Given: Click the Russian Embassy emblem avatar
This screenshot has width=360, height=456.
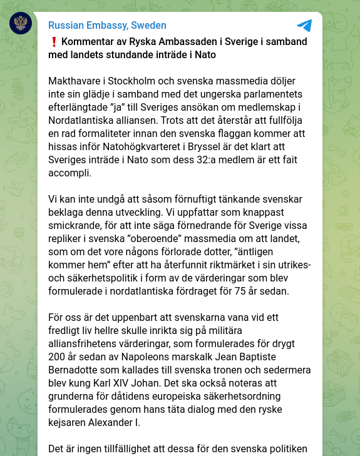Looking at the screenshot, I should [x=21, y=23].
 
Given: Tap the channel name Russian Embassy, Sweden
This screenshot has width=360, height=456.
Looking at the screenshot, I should [x=107, y=26].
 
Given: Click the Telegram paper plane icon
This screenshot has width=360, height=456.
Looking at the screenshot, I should [x=304, y=26].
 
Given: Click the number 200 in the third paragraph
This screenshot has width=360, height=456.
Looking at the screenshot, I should [x=57, y=357].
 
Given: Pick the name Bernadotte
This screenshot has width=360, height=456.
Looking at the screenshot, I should [x=76, y=370].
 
